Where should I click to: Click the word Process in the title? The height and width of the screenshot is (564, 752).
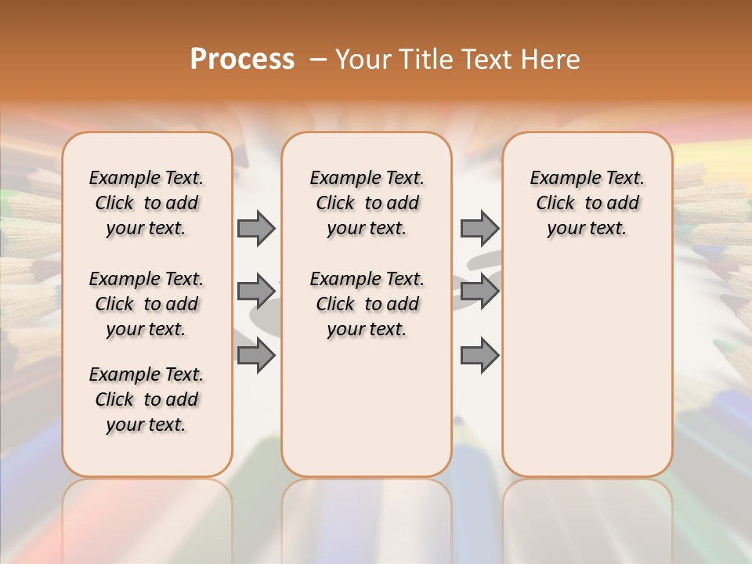[x=242, y=60]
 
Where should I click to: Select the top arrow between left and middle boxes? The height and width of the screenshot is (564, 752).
[x=256, y=228]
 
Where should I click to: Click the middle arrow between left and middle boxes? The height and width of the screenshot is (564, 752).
[x=256, y=291]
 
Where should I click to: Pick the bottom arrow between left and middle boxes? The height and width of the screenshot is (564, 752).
[x=256, y=356]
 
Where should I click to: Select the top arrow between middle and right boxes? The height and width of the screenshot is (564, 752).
[x=479, y=228]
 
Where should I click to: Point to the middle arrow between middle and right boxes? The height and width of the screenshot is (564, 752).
[x=479, y=291]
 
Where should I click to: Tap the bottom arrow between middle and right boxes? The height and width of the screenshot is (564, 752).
[x=479, y=356]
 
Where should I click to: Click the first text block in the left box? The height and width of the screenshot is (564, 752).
[x=146, y=203]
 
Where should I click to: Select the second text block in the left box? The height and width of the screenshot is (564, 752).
[x=146, y=304]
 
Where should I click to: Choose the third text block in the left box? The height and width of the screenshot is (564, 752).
[x=146, y=399]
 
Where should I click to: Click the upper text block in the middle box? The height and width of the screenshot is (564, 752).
[x=367, y=203]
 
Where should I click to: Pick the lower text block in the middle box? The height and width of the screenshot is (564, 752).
[x=367, y=304]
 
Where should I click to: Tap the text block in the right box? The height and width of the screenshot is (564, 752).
[x=587, y=203]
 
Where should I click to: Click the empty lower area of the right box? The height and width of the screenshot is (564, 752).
[x=587, y=360]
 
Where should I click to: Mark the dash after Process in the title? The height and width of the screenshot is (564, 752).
[x=318, y=60]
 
